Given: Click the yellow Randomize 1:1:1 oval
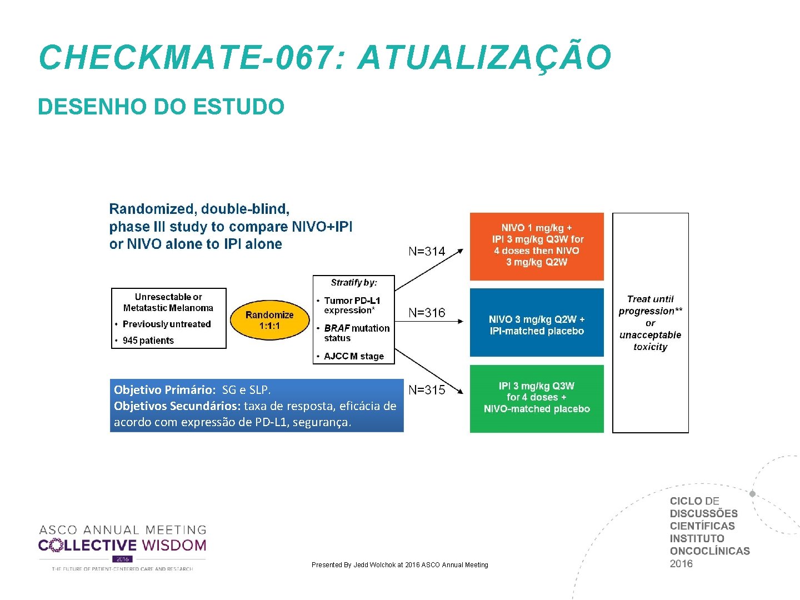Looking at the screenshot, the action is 269,320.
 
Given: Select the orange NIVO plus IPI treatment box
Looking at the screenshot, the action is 537,246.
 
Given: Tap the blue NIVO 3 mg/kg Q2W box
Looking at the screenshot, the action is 537,322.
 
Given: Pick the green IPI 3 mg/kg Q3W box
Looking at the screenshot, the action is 537,398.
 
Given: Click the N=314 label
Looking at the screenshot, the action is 427,252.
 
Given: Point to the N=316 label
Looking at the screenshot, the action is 427,313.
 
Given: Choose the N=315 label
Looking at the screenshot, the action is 427,390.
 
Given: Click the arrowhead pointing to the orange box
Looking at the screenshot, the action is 460,251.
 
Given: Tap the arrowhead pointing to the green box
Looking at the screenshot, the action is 460,391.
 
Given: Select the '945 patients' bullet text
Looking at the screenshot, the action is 148,341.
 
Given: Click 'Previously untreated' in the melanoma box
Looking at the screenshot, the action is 167,324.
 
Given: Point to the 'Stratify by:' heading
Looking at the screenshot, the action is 354,283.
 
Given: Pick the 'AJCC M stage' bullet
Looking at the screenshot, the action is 354,356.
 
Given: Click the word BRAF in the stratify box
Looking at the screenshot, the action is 336,328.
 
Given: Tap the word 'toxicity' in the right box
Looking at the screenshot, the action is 650,347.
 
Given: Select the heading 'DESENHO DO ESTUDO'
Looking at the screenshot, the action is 161,107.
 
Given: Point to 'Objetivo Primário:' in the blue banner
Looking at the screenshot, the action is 164,389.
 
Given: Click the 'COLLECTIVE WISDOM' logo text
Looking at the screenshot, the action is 122,546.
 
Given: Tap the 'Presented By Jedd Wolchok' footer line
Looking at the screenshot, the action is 400,565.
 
